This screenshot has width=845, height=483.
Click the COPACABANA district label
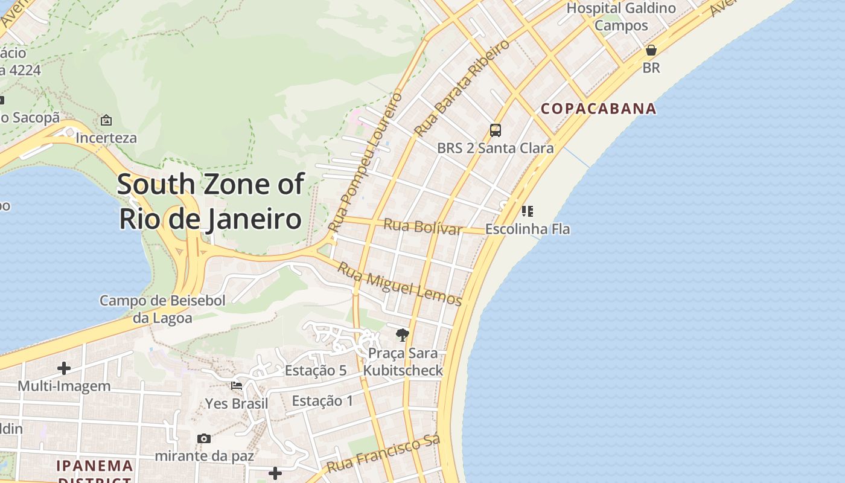[x=598, y=109]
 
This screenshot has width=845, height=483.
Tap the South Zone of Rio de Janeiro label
[x=210, y=201]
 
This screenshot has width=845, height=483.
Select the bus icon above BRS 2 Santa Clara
[x=496, y=130]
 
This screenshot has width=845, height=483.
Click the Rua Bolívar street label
[x=422, y=227]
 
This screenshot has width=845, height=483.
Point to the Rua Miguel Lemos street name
[x=399, y=284]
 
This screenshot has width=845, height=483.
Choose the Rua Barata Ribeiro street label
[x=462, y=88]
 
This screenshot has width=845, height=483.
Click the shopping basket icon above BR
[x=651, y=50]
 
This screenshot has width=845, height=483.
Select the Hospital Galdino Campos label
[x=621, y=17]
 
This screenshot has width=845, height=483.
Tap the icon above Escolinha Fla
[x=528, y=211]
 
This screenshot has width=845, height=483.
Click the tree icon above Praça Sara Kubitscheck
[x=403, y=335]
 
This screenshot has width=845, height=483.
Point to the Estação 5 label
[x=316, y=371]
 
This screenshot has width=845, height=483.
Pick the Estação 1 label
[x=322, y=401]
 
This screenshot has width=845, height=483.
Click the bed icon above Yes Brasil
[x=237, y=385]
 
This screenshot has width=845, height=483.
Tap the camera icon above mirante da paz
[x=204, y=438]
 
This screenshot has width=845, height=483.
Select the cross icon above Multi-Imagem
[x=64, y=368]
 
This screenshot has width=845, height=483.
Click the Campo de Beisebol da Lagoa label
[x=162, y=309]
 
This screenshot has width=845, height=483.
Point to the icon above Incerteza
[x=106, y=120]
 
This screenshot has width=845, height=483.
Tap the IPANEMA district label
[x=95, y=466]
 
